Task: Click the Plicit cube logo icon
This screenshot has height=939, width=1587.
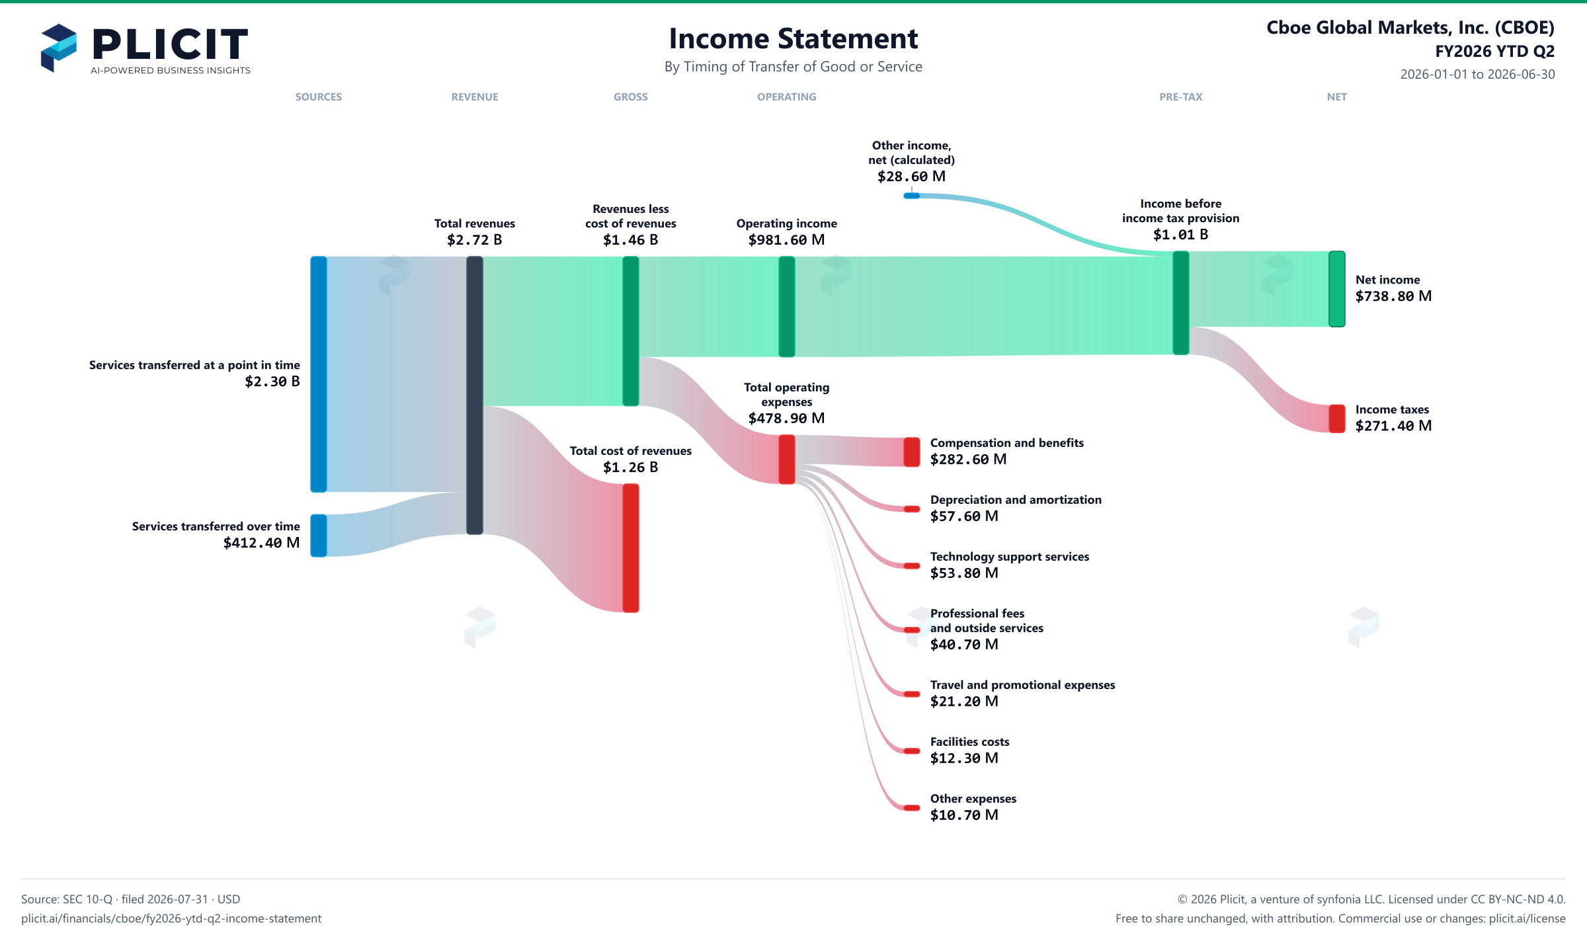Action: coord(59,48)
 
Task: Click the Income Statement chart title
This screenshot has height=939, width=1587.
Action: coord(793,38)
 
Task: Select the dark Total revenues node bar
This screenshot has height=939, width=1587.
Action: coord(475,395)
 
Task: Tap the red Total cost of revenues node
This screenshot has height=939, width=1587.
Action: coord(631,548)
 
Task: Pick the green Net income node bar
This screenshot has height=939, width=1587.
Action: coord(1337,289)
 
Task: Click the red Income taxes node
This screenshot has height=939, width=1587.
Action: coord(1337,419)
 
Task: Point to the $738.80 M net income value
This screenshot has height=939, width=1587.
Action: coord(1393,296)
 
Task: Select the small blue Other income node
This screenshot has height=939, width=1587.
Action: coord(912,196)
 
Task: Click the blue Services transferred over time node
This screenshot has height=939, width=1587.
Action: coord(319,536)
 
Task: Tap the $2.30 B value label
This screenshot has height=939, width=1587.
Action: coord(272,382)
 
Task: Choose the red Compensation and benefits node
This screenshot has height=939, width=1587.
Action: coord(912,452)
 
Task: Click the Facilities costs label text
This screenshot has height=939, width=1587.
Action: coord(969,742)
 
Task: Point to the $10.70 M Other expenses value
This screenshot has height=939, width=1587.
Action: coord(964,815)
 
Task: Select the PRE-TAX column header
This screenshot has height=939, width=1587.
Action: coord(1181,97)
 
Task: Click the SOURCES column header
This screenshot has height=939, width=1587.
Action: coord(319,97)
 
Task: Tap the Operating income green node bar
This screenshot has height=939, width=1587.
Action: coord(787,307)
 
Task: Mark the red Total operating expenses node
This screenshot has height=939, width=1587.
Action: coord(787,460)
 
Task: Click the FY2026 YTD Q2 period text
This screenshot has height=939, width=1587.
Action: coord(1494,52)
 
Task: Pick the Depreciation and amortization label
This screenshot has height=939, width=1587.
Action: coord(1016,500)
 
